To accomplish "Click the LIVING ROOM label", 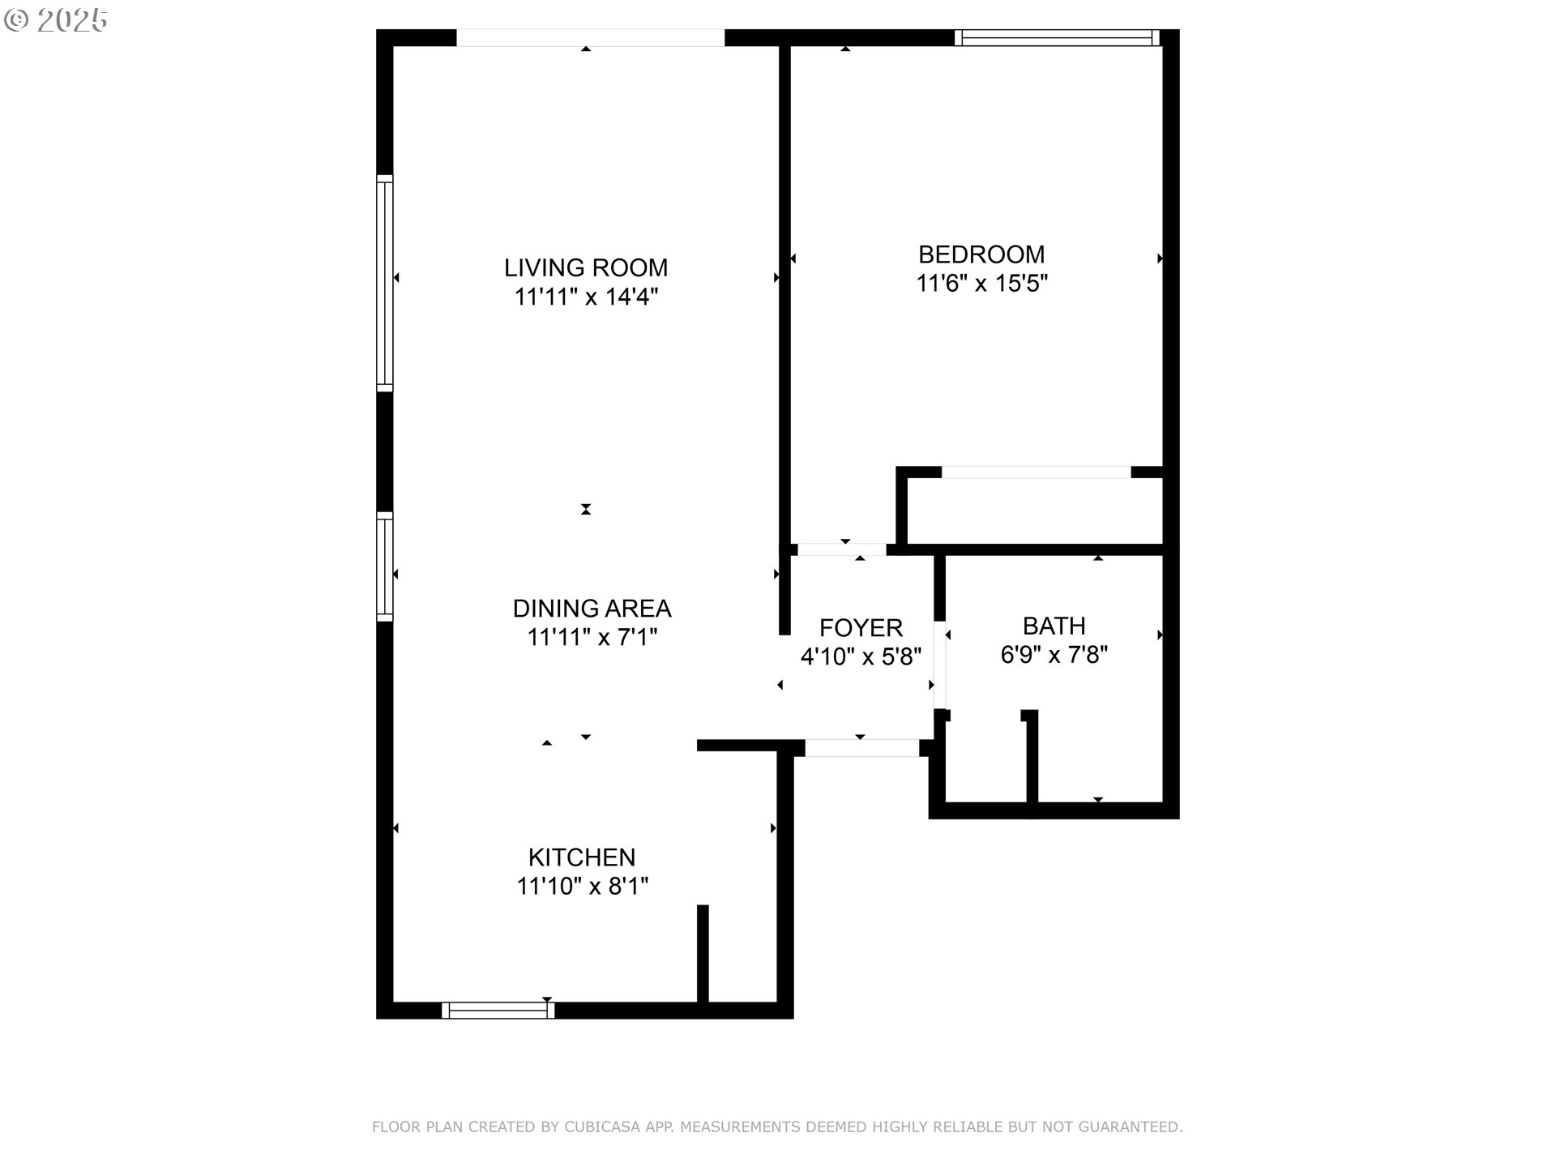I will click(586, 267).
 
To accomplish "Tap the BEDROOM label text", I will click(981, 254).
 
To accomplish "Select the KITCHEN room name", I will click(582, 857).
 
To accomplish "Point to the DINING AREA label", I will click(592, 608).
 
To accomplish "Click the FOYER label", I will click(861, 627).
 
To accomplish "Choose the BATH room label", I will click(1054, 626).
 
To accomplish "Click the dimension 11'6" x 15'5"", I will click(982, 284).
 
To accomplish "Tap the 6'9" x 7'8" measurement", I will click(1054, 655).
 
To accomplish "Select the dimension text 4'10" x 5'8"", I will click(861, 656).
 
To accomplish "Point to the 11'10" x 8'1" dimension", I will click(583, 886).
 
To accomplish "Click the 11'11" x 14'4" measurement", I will click(586, 297).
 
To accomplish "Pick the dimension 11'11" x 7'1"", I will click(592, 637).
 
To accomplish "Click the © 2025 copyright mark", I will click(56, 21).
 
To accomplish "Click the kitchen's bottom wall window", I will click(498, 1010).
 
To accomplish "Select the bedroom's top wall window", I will click(1057, 37).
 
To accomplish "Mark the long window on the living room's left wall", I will click(385, 283).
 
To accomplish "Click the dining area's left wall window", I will click(385, 566).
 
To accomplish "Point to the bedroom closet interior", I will click(1035, 511).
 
